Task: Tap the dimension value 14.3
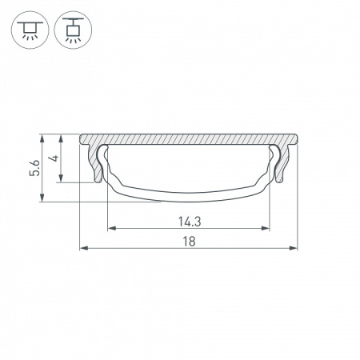tap(187, 220)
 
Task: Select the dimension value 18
tap(188, 240)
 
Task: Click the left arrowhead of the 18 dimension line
tap(84, 249)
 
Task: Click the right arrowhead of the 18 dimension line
tap(293, 249)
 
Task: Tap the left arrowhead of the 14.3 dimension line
tap(110, 229)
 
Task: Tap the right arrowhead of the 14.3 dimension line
tap(265, 229)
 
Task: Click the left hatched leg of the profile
tap(98, 166)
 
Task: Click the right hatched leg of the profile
tap(280, 166)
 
